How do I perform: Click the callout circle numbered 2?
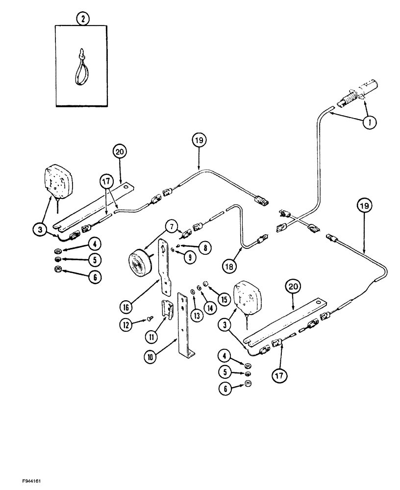tap(83, 20)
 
